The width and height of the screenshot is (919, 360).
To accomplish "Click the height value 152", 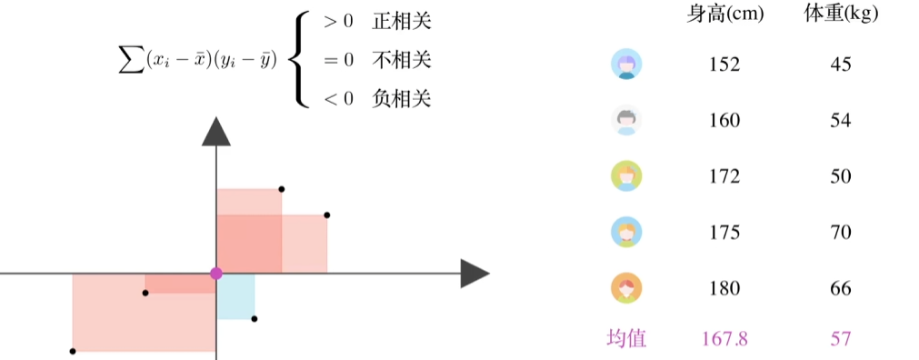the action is [724, 65].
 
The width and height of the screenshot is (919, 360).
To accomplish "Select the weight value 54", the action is [841, 120].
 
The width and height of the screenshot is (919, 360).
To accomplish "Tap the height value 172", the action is [724, 176].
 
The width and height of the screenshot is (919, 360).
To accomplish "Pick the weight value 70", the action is [841, 232].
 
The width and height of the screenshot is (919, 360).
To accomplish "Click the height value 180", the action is [724, 289].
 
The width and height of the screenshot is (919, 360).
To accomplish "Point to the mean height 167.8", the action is [724, 339].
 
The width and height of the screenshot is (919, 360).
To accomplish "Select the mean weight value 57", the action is [841, 339].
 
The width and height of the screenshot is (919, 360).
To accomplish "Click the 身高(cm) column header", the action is [725, 14].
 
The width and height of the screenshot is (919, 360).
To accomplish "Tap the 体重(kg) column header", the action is [841, 14].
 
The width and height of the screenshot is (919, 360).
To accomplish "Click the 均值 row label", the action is [626, 339].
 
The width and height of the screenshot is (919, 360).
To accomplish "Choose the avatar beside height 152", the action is [626, 65].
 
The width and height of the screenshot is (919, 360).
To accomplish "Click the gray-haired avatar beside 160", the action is [626, 120].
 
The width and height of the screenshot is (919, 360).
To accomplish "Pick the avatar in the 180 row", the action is [626, 289].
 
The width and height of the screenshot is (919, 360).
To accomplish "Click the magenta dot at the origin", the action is [216, 273].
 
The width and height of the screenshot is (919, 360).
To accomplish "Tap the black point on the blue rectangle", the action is [255, 318].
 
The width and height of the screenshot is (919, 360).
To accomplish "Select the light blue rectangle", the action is [236, 295].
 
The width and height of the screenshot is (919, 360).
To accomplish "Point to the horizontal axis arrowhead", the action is [474, 273].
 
